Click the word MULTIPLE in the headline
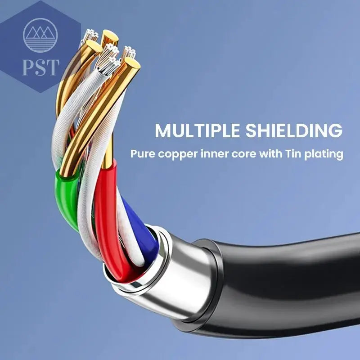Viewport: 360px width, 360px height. pos(197,130)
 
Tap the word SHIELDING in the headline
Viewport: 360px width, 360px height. pos(294,130)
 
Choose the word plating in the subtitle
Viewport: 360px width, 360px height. pos(324,154)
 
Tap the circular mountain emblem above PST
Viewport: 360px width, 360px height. pos(40,36)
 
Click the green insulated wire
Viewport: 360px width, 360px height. pos(66,198)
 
